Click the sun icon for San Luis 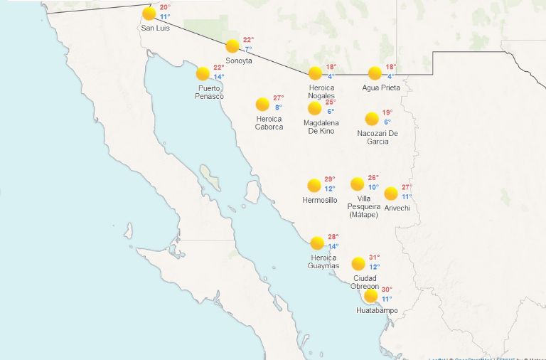pyautogui.click(x=149, y=14)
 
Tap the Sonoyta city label pyautogui.click(x=240, y=61)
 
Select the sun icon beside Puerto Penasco pyautogui.click(x=203, y=73)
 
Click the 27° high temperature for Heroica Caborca pyautogui.click(x=279, y=98)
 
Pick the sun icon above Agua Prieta pyautogui.click(x=375, y=73)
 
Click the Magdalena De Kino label pyautogui.click(x=321, y=127)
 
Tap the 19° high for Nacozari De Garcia pyautogui.click(x=387, y=112)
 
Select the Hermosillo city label pyautogui.click(x=320, y=201)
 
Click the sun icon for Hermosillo pyautogui.click(x=314, y=186)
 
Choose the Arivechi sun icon pyautogui.click(x=391, y=193)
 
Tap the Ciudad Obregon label pyautogui.click(x=365, y=282)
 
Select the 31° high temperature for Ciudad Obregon pyautogui.click(x=375, y=258)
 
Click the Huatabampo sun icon pyautogui.click(x=370, y=296)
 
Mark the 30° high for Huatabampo pyautogui.click(x=387, y=290)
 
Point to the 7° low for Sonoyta pyautogui.click(x=248, y=50)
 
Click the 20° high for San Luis pyautogui.click(x=164, y=7)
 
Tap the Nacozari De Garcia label pyautogui.click(x=378, y=137)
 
